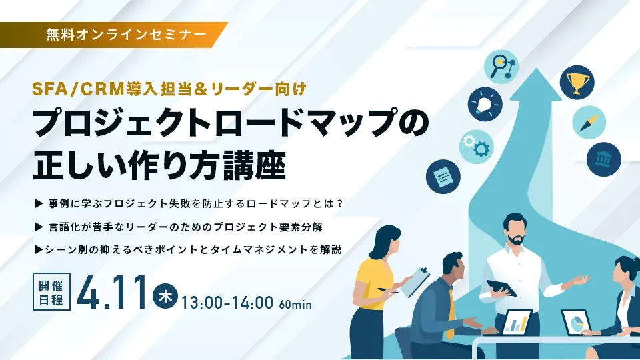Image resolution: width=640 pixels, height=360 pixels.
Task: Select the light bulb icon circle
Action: click(485, 105)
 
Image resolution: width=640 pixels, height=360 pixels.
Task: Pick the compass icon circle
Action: click(589, 123)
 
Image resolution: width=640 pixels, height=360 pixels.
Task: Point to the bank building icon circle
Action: click(603, 159)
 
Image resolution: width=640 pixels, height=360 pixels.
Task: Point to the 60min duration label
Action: click(296, 305)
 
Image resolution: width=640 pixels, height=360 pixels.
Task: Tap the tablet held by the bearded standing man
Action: click(501, 287)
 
